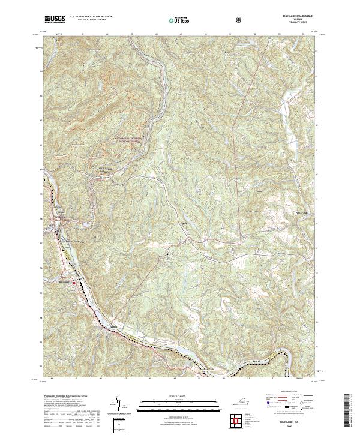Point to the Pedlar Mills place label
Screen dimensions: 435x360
303,212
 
